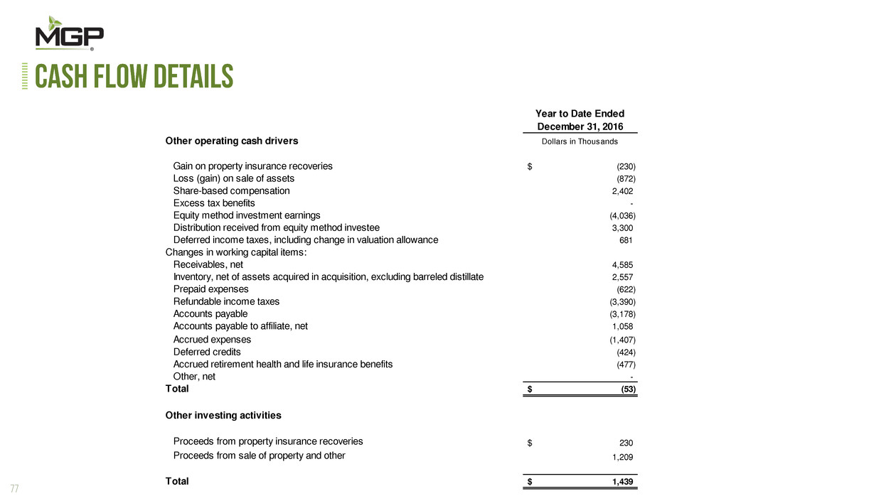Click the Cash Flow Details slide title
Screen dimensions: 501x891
click(x=134, y=77)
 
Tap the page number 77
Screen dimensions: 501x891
click(x=14, y=488)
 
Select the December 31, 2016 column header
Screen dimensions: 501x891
click(x=580, y=126)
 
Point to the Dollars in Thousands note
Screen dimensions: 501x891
click(x=580, y=141)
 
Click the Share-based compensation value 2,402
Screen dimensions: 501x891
click(x=617, y=191)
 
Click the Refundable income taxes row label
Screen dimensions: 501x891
click(x=226, y=302)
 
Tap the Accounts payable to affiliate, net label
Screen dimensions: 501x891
click(x=240, y=326)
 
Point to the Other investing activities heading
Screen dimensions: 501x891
click(x=223, y=415)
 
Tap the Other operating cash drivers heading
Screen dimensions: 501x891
click(x=232, y=141)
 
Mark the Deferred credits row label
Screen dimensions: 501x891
click(x=207, y=352)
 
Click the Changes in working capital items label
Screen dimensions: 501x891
click(x=236, y=252)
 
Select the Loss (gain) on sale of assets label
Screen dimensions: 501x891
click(x=234, y=178)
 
